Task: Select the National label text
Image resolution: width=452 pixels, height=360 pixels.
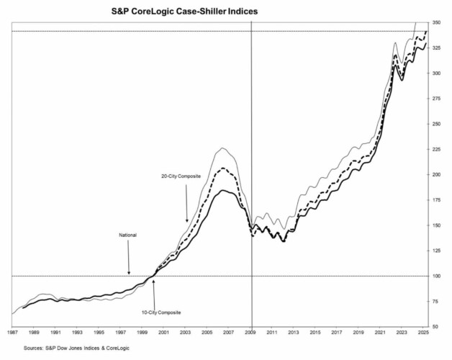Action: [128, 235]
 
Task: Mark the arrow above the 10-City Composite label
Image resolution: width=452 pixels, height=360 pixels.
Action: [153, 292]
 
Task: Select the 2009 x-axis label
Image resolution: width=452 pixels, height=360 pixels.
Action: [251, 333]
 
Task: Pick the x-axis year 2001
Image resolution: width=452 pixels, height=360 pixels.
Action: [164, 333]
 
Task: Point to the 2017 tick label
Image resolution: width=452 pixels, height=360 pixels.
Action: [338, 333]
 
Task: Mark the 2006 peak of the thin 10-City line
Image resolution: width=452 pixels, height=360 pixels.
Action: [222, 148]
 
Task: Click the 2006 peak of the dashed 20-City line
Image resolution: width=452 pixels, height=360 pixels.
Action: [223, 168]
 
